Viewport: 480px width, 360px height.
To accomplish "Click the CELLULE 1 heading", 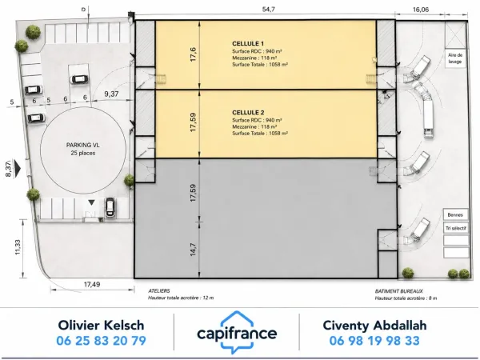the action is click(248, 44).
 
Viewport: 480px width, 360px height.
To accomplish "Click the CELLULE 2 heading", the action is click(248, 113).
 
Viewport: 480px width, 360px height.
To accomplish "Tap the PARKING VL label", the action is click(83, 145).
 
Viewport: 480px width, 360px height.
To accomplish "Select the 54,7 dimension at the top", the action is click(269, 10).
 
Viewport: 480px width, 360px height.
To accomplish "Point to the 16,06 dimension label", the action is click(421, 10).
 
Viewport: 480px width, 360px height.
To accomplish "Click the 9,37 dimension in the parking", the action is click(111, 94).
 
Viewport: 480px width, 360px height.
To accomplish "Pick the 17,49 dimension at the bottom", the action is click(92, 284).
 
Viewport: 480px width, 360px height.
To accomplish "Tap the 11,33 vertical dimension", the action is click(18, 247).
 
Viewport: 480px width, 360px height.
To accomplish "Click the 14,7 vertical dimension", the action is click(193, 249).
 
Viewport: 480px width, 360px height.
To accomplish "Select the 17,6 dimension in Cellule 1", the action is click(193, 54).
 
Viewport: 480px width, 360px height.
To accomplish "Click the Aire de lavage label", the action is click(455, 58).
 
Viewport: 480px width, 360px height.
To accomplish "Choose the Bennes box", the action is click(455, 215).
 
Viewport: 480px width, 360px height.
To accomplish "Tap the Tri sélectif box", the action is click(456, 228).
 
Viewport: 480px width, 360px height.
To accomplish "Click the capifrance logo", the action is click(237, 332).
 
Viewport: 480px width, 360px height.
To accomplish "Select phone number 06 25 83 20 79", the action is click(102, 341).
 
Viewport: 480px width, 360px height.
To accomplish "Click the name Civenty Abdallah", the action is click(374, 325).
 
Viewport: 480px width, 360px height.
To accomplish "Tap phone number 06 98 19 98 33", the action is click(374, 341).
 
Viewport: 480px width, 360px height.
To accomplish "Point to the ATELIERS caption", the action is click(159, 291).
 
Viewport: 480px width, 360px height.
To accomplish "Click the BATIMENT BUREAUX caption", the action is click(399, 291).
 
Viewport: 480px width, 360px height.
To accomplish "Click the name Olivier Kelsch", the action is click(101, 325).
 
